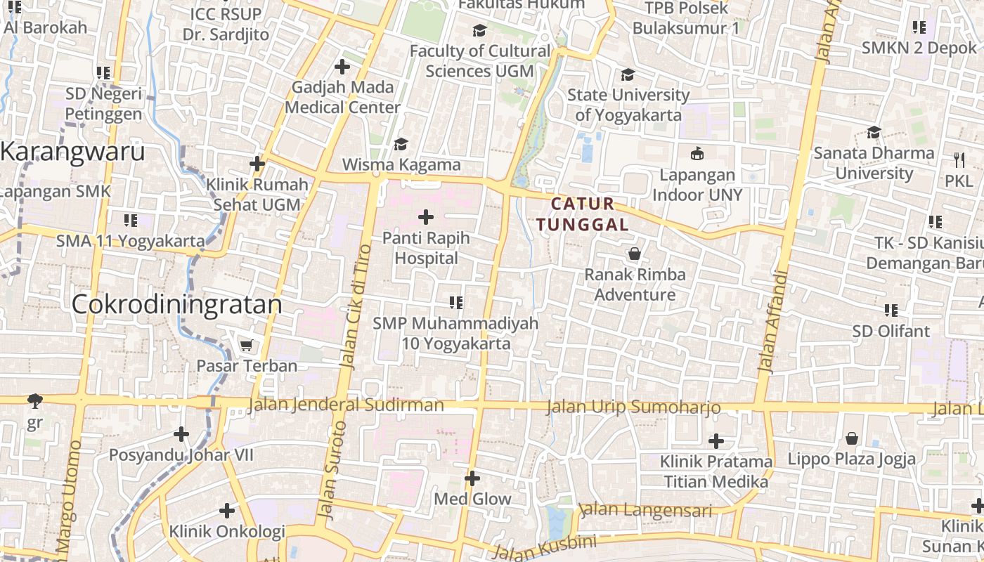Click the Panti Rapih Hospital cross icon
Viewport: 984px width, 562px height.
(x=426, y=218)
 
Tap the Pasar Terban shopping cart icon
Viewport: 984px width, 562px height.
(x=246, y=346)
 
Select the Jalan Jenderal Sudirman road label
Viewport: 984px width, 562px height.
(x=347, y=405)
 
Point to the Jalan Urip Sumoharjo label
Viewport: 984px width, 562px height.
(x=633, y=407)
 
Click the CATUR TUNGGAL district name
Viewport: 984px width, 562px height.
(x=583, y=214)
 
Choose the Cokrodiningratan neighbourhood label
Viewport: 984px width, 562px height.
(x=177, y=304)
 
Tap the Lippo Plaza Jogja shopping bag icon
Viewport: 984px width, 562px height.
(x=852, y=438)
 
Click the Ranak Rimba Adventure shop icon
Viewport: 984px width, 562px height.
(x=635, y=254)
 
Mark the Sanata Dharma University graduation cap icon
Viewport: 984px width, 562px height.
(x=874, y=132)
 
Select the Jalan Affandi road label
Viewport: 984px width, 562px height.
(x=774, y=320)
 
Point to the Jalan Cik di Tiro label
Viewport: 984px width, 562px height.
(x=356, y=306)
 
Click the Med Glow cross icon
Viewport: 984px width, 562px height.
(x=472, y=478)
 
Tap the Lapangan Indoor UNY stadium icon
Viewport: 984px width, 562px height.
(x=697, y=154)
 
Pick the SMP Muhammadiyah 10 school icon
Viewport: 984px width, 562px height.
(x=455, y=303)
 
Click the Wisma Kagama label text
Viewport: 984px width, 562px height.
(x=401, y=165)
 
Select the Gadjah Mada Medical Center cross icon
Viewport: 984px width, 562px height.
(x=342, y=67)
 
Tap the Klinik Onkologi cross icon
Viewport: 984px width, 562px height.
(x=226, y=511)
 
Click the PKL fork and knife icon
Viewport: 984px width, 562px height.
(x=959, y=159)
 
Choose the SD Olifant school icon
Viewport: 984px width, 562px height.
(x=891, y=310)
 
